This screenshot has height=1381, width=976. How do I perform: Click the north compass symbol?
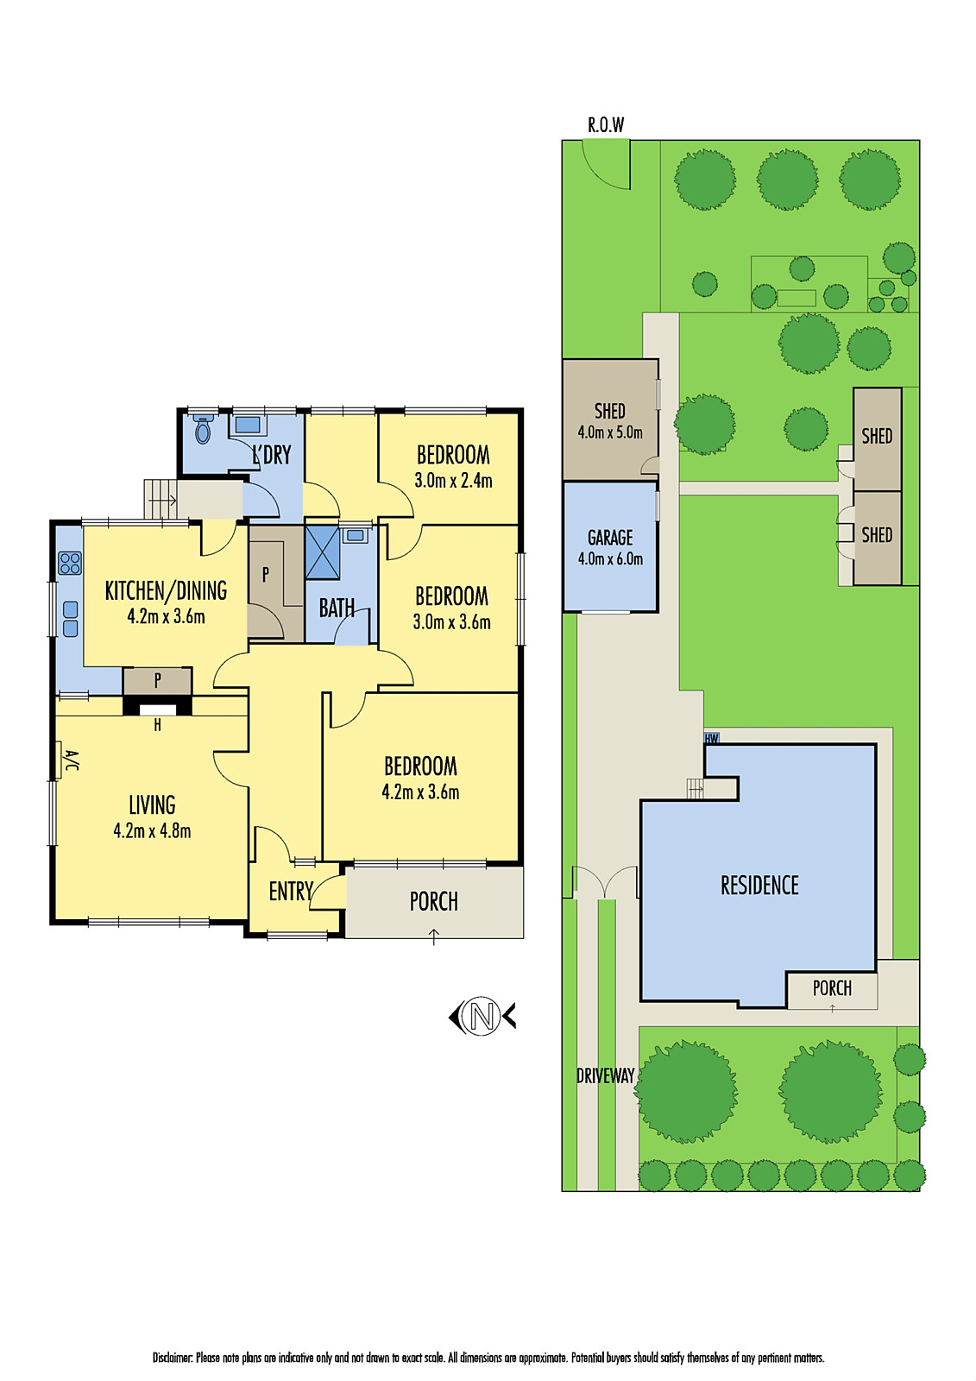coord(482,1016)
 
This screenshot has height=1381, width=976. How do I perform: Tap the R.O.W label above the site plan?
coord(606,125)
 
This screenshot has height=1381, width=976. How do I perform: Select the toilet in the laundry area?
coord(204,429)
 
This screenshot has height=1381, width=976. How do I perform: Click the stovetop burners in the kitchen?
coord(70,564)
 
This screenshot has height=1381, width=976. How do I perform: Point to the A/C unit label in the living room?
coord(71,761)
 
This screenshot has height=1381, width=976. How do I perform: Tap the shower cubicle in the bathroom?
coord(323,552)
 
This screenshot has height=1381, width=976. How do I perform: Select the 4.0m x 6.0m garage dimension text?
coord(610,559)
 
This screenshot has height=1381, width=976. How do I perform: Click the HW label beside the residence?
coord(712,739)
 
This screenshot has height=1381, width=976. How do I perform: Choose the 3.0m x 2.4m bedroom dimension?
coord(453,481)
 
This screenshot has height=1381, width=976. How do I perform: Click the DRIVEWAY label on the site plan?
coord(605,1075)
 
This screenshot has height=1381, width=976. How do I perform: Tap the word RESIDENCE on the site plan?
coord(759,886)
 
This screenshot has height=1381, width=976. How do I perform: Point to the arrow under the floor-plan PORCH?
coord(433,936)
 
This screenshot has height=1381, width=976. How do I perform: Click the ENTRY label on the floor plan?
coord(290,892)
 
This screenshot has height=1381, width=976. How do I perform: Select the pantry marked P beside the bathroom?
coord(266,574)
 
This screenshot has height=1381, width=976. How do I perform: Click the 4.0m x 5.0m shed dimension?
coord(610,432)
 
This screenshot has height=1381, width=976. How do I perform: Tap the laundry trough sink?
coord(248,425)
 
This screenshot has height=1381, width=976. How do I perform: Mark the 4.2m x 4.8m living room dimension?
coord(152,831)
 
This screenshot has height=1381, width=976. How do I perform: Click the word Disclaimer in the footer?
coord(173,1358)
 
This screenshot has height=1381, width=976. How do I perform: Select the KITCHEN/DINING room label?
coord(166,591)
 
